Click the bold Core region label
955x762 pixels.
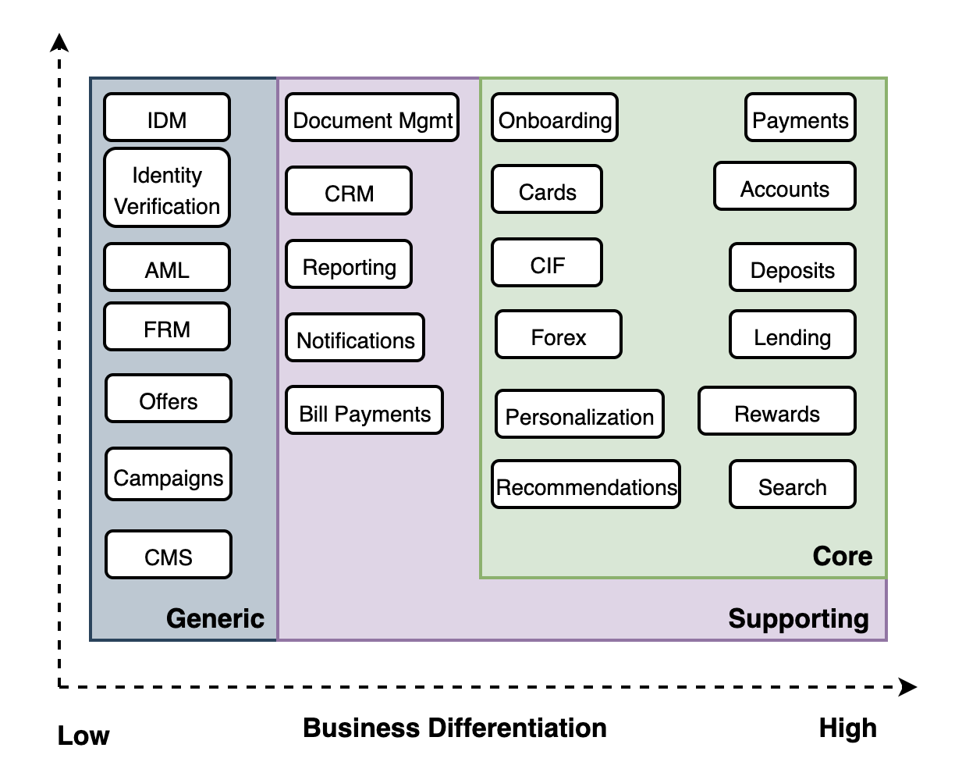point(843,556)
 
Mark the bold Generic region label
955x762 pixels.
point(215,618)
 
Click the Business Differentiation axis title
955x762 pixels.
point(455,728)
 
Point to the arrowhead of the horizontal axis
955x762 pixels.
point(908,687)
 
